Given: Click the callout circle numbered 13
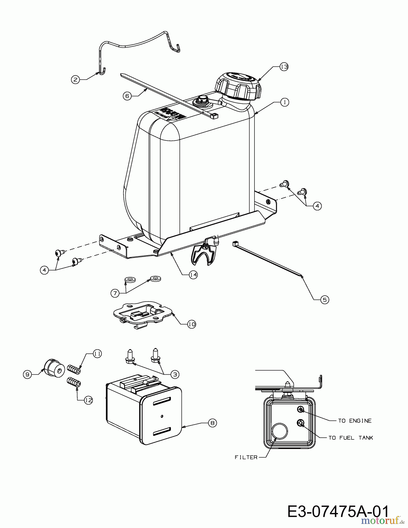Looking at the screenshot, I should (284, 67).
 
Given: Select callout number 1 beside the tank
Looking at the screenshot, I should (284, 102).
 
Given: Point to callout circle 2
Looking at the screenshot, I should (76, 79).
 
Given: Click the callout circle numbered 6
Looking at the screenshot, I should (127, 96).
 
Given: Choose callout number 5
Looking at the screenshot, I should (325, 299).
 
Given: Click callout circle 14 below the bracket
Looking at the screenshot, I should (193, 275).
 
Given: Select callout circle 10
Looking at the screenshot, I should (191, 324).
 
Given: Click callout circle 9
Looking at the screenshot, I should (27, 374).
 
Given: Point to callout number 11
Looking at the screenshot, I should (97, 354).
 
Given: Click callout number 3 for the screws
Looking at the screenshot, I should (175, 374).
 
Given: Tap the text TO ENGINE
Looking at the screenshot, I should (355, 421).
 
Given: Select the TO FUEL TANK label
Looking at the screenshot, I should (350, 438).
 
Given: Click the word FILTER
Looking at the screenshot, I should (246, 457).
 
